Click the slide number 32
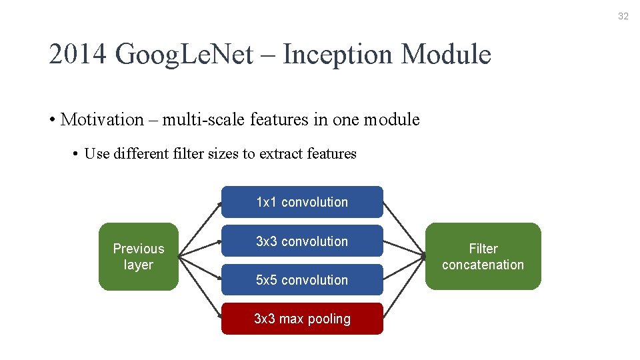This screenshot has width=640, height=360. tap(623, 17)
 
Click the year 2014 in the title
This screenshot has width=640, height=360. tap(78, 55)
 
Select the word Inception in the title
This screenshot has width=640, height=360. tap(337, 55)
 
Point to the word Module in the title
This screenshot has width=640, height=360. tap(446, 55)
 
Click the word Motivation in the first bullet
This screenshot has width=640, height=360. tap(102, 120)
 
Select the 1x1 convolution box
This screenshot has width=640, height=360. tap(302, 202)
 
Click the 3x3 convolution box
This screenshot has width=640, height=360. tap(302, 241)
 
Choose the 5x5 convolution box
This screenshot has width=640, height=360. tap(302, 280)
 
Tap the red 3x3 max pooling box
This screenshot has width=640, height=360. tap(302, 319)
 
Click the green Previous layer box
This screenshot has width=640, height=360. tap(139, 257)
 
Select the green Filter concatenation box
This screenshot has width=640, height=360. tap(483, 257)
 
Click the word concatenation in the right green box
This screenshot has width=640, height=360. tap(483, 265)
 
